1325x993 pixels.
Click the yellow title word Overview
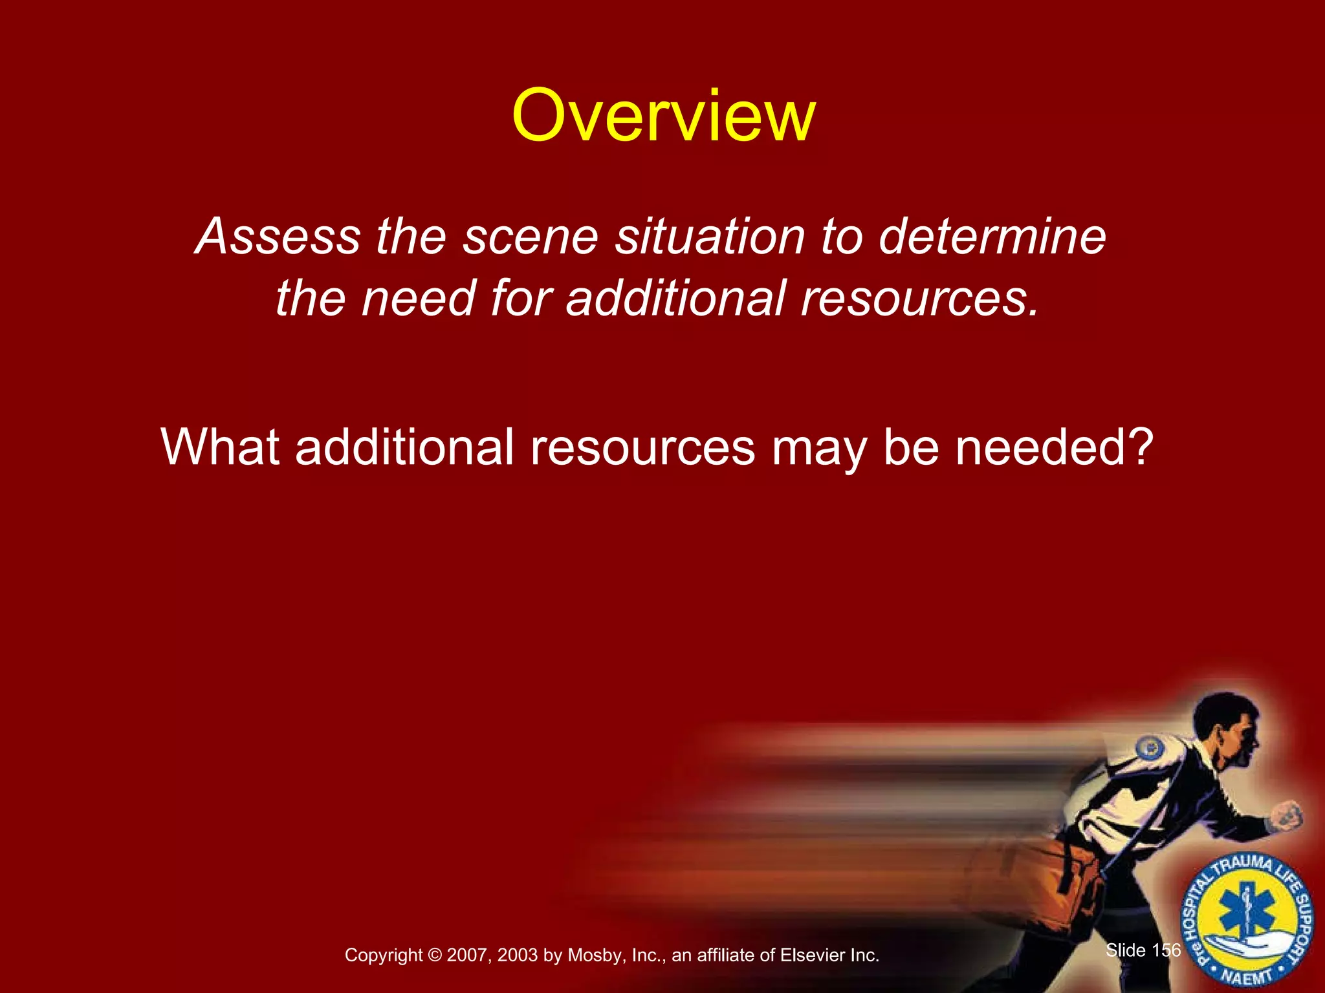pos(663,116)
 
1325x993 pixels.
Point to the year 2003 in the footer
pos(519,956)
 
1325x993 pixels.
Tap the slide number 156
pos(1166,950)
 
